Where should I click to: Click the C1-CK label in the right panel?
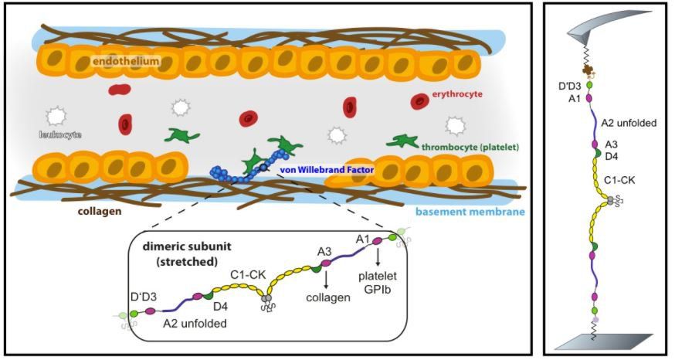[x=621, y=179]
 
